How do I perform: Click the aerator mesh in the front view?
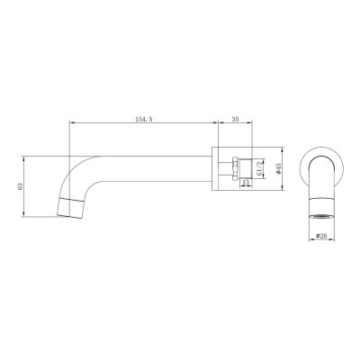(319, 217)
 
